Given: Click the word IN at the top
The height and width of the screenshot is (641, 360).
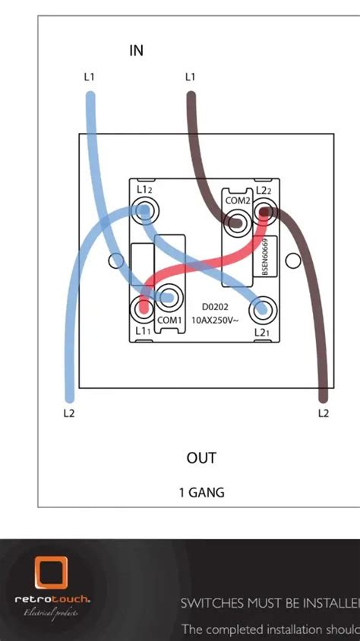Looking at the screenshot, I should tap(137, 51).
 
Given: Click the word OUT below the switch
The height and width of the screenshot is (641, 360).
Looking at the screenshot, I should tap(201, 458).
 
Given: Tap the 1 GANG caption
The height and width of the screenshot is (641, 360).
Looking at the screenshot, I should tap(201, 493).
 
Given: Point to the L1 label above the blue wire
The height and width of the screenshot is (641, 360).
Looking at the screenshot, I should tap(89, 77).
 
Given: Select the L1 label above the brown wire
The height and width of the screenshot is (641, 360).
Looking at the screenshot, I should tap(190, 77).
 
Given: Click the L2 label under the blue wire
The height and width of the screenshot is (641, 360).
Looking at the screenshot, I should tap(68, 413).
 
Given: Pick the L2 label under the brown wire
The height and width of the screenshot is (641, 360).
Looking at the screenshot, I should tap(323, 413).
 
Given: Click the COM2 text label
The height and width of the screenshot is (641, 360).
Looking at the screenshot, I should tap(237, 201).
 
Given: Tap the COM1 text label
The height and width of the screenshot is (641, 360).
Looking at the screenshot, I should tap(169, 320).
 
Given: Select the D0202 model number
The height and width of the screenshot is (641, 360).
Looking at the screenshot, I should tap(216, 307).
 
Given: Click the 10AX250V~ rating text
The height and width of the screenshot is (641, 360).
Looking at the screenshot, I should tap(216, 320).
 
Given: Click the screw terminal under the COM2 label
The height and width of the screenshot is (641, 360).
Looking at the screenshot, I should tap(237, 223).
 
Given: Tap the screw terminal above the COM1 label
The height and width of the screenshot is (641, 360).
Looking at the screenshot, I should tap(169, 297).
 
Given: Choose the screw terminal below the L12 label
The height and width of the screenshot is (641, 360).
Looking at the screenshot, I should tap(144, 210).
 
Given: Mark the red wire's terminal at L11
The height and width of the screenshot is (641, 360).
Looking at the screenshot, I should tap(143, 308).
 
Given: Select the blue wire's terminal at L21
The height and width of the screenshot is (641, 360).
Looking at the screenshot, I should tap(262, 308).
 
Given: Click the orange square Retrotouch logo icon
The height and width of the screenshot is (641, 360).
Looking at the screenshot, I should tap(51, 574).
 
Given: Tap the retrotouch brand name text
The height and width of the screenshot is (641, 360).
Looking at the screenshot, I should tap(52, 599).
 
